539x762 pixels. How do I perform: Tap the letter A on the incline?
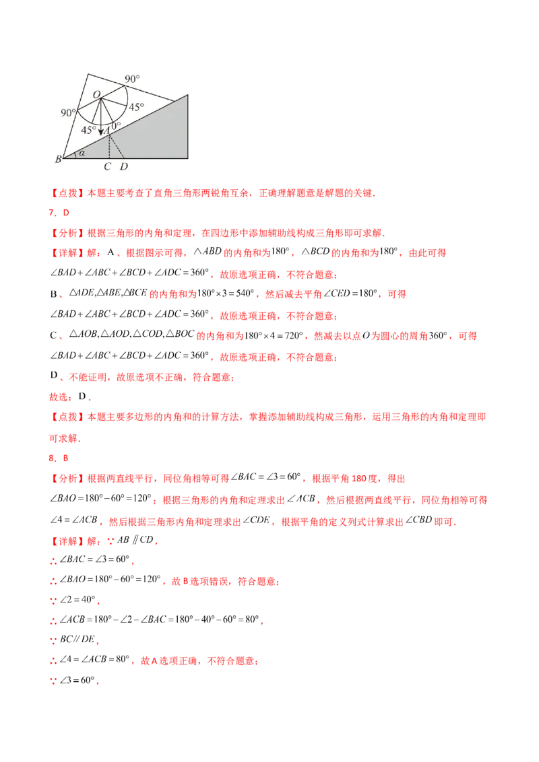click(x=107, y=130)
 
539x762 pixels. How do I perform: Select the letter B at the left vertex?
click(x=58, y=159)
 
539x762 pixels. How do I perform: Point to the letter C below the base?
click(x=108, y=166)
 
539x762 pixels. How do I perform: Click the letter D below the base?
click(x=123, y=166)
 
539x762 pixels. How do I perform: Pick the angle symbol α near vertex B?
click(x=82, y=153)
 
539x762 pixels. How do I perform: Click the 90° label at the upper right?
click(x=132, y=79)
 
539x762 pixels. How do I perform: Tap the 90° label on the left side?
click(x=69, y=112)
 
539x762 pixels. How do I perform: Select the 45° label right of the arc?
click(x=137, y=107)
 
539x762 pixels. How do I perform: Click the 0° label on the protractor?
click(x=116, y=126)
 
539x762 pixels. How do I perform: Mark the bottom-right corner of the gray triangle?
click(x=187, y=158)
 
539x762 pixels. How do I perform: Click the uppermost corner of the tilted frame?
click(x=89, y=71)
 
